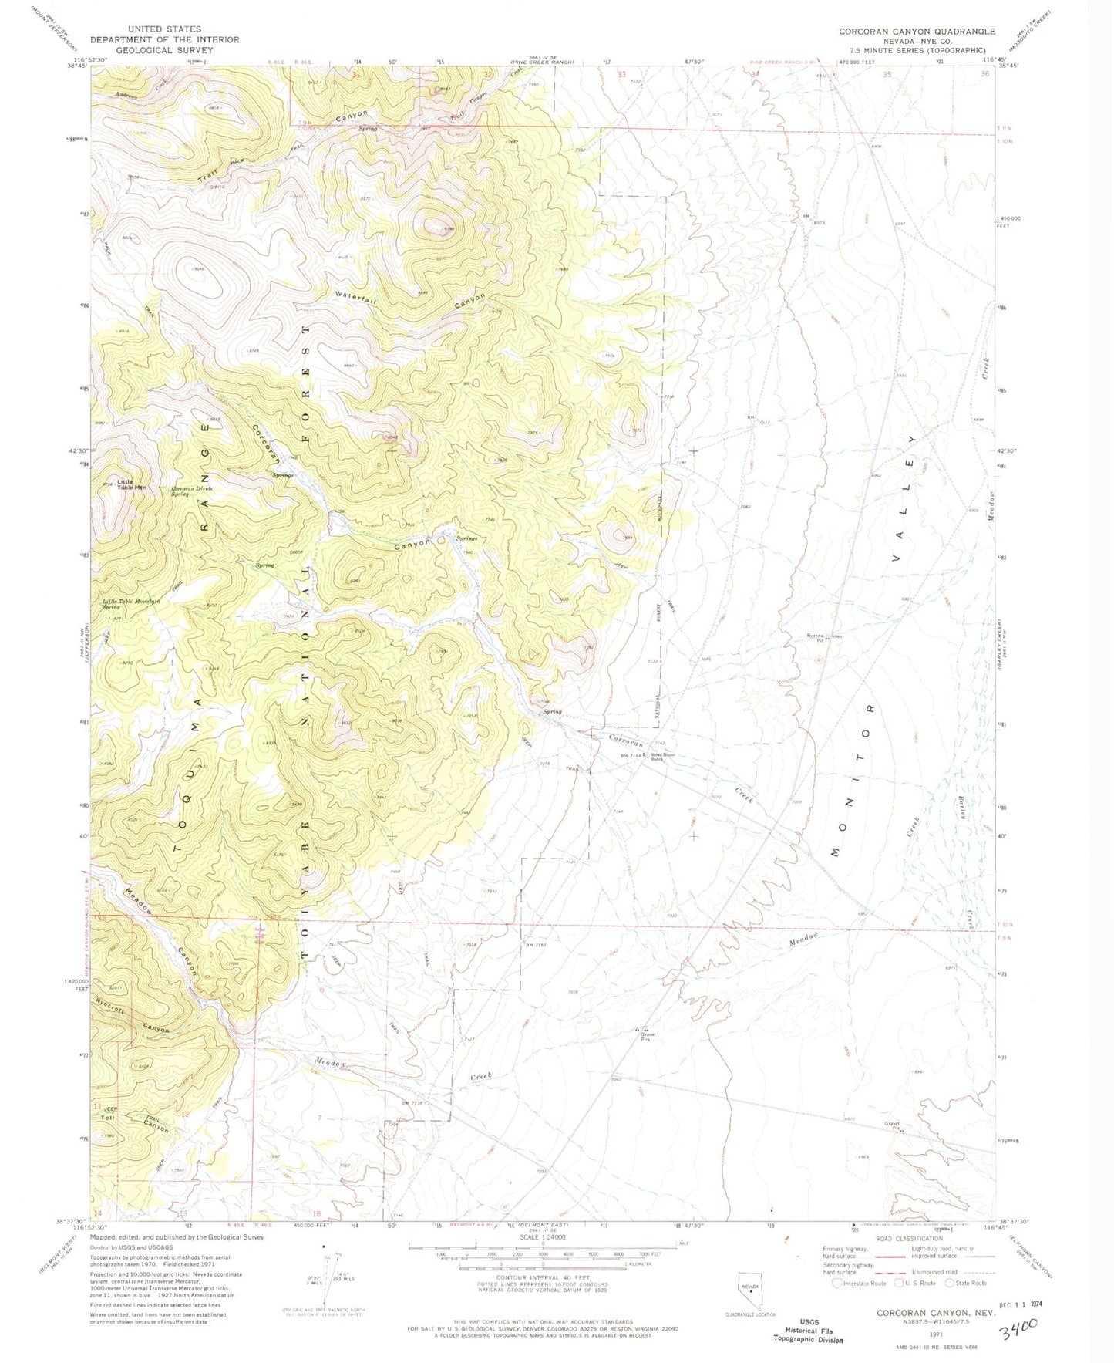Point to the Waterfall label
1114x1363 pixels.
355,299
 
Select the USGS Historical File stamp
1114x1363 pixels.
808,1333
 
